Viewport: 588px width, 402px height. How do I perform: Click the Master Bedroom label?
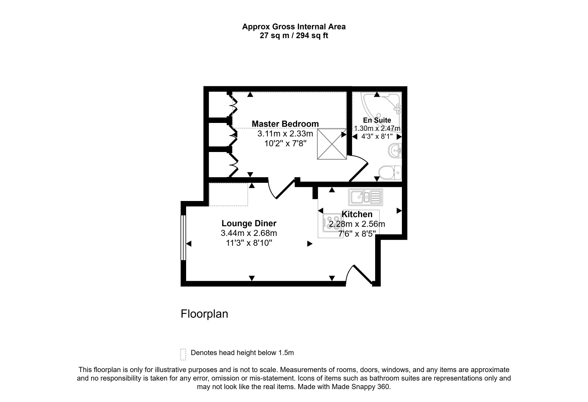[x=285, y=124]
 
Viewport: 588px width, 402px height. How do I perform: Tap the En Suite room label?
[x=377, y=120]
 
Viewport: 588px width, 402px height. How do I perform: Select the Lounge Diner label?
[x=249, y=223]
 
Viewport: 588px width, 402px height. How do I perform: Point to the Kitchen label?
[x=357, y=214]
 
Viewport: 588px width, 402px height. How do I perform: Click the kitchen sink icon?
[x=366, y=197]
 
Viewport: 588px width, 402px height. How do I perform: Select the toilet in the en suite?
[x=390, y=172]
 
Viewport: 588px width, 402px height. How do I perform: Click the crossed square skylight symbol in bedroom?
[x=332, y=144]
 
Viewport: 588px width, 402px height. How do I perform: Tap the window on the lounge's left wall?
[x=183, y=238]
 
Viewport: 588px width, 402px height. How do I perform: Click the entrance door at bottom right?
[x=359, y=275]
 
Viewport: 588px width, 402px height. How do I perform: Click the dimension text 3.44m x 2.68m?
[x=249, y=233]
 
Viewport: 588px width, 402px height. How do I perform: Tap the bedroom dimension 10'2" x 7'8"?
[x=285, y=143]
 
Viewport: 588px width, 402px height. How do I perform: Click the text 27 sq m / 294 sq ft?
[x=294, y=36]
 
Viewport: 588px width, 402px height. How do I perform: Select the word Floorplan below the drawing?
[x=204, y=314]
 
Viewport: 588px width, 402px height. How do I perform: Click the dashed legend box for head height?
[x=183, y=354]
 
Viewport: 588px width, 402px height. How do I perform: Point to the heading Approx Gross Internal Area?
[x=294, y=27]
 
